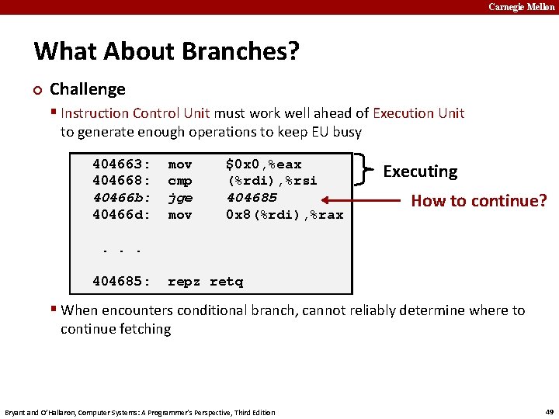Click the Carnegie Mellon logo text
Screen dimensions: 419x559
522,7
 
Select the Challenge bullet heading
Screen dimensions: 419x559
87,89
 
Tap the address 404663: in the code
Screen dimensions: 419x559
121,164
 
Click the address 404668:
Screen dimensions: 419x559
121,181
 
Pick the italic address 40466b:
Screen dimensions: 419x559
121,198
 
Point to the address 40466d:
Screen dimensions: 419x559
121,214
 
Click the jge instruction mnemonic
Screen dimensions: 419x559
180,198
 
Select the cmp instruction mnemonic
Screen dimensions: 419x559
180,181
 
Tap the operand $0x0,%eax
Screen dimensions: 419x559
263,164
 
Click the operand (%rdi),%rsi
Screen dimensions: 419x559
272,181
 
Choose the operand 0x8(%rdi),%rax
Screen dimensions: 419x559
284,214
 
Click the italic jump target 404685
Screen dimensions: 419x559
251,198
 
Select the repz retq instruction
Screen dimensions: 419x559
205,282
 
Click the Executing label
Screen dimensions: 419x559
420,171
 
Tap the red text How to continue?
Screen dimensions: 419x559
478,201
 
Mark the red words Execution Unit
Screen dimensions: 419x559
418,113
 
